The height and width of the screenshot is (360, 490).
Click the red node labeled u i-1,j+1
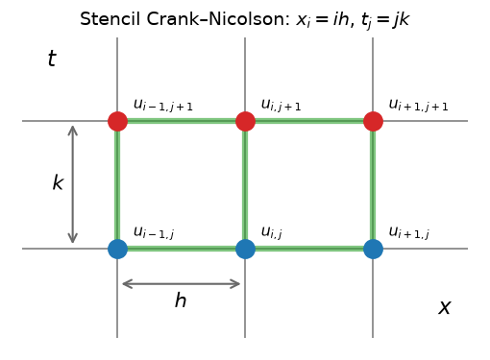point(117,121)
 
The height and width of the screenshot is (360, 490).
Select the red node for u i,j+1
point(245,121)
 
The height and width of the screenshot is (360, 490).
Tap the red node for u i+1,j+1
point(373,121)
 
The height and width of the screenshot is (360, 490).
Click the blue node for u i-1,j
point(117,249)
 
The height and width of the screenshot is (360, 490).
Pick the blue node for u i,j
point(245,249)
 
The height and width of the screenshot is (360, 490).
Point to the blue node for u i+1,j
point(373,249)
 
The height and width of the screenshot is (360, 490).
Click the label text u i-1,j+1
point(163,105)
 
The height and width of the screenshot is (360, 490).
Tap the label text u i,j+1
point(282,105)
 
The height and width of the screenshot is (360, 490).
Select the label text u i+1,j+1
point(419,105)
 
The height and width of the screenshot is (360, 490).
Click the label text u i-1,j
point(154,232)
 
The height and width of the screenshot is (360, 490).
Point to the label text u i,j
point(272,232)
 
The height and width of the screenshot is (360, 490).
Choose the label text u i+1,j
point(409,232)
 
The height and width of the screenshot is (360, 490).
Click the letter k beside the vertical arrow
point(58,182)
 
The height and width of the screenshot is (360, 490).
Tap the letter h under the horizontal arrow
point(181,300)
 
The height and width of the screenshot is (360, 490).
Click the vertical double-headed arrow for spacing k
point(73,184)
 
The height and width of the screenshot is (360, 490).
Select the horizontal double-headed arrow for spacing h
point(182,284)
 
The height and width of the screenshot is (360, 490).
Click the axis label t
point(52,59)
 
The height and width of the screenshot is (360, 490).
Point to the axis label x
point(445,307)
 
